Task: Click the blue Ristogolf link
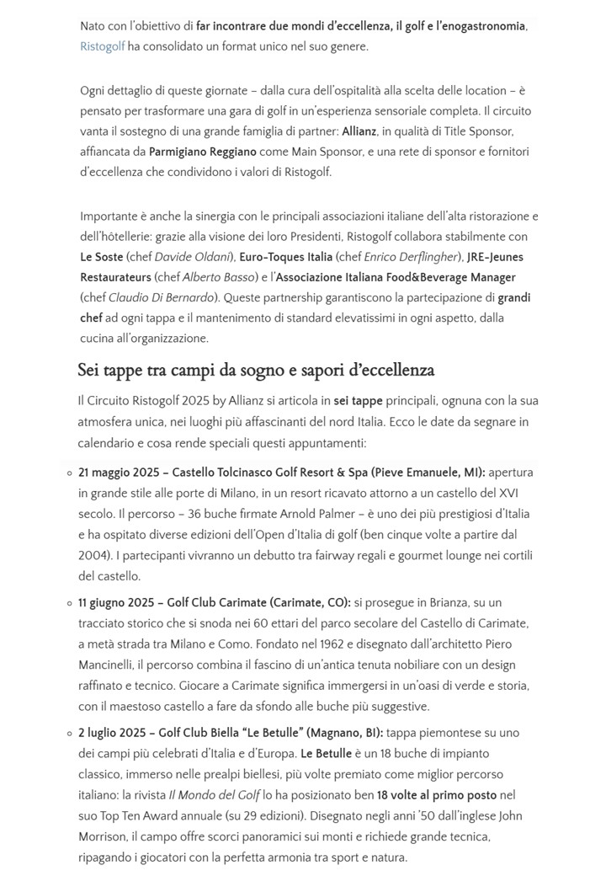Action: (x=102, y=46)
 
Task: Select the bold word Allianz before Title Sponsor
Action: (x=359, y=131)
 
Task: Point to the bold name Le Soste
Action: (x=101, y=257)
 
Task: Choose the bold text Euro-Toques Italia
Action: (x=285, y=257)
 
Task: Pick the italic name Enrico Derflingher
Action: (x=412, y=257)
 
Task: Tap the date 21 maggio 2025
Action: (x=118, y=473)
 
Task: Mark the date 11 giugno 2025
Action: (x=116, y=603)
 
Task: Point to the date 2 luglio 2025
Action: (x=114, y=733)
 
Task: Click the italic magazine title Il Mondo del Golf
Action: (x=214, y=795)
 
